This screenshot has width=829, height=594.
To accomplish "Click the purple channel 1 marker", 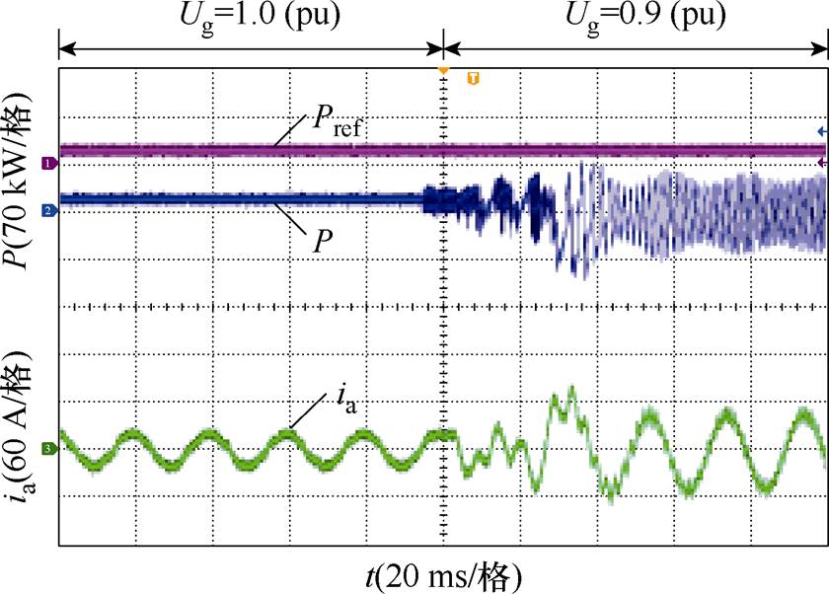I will (46, 162).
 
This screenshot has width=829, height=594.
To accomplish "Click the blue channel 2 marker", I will (46, 210).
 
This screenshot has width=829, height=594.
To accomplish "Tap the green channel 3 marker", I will (46, 449).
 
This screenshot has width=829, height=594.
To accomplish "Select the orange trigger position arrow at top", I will (443, 71).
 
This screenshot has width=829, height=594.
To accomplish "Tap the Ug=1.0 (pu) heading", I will (251, 17).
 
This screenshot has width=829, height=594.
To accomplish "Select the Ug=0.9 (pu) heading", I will (636, 17).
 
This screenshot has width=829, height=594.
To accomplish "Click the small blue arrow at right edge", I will (821, 130).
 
